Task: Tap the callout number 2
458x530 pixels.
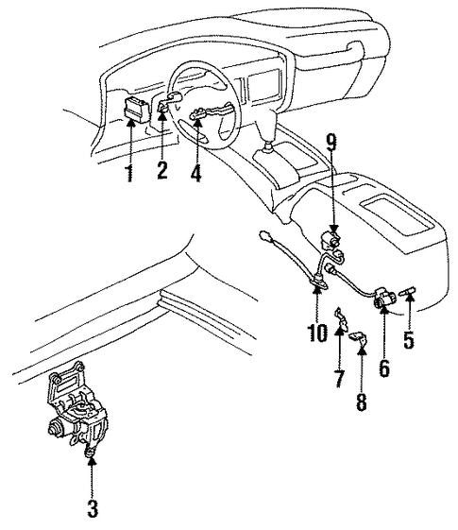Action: pyautogui.click(x=162, y=171)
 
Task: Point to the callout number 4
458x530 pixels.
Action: pyautogui.click(x=195, y=174)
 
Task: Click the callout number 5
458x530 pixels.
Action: pyautogui.click(x=409, y=339)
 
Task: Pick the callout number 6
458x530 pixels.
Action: pyautogui.click(x=384, y=368)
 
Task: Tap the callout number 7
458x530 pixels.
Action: pyautogui.click(x=339, y=379)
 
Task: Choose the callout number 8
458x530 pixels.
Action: pyautogui.click(x=362, y=402)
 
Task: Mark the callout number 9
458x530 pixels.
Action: pyautogui.click(x=332, y=142)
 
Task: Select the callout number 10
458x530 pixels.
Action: pyautogui.click(x=317, y=333)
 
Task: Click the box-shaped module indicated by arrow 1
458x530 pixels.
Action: pyautogui.click(x=137, y=110)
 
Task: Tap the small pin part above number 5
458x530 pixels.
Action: pyautogui.click(x=408, y=291)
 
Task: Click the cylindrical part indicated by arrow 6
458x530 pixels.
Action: pyautogui.click(x=383, y=297)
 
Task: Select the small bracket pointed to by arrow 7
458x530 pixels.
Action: pyautogui.click(x=341, y=318)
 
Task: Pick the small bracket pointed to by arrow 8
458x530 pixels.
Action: pyautogui.click(x=359, y=338)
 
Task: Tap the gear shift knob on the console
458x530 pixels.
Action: pyautogui.click(x=268, y=146)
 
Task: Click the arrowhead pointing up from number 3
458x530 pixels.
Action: pyautogui.click(x=92, y=460)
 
